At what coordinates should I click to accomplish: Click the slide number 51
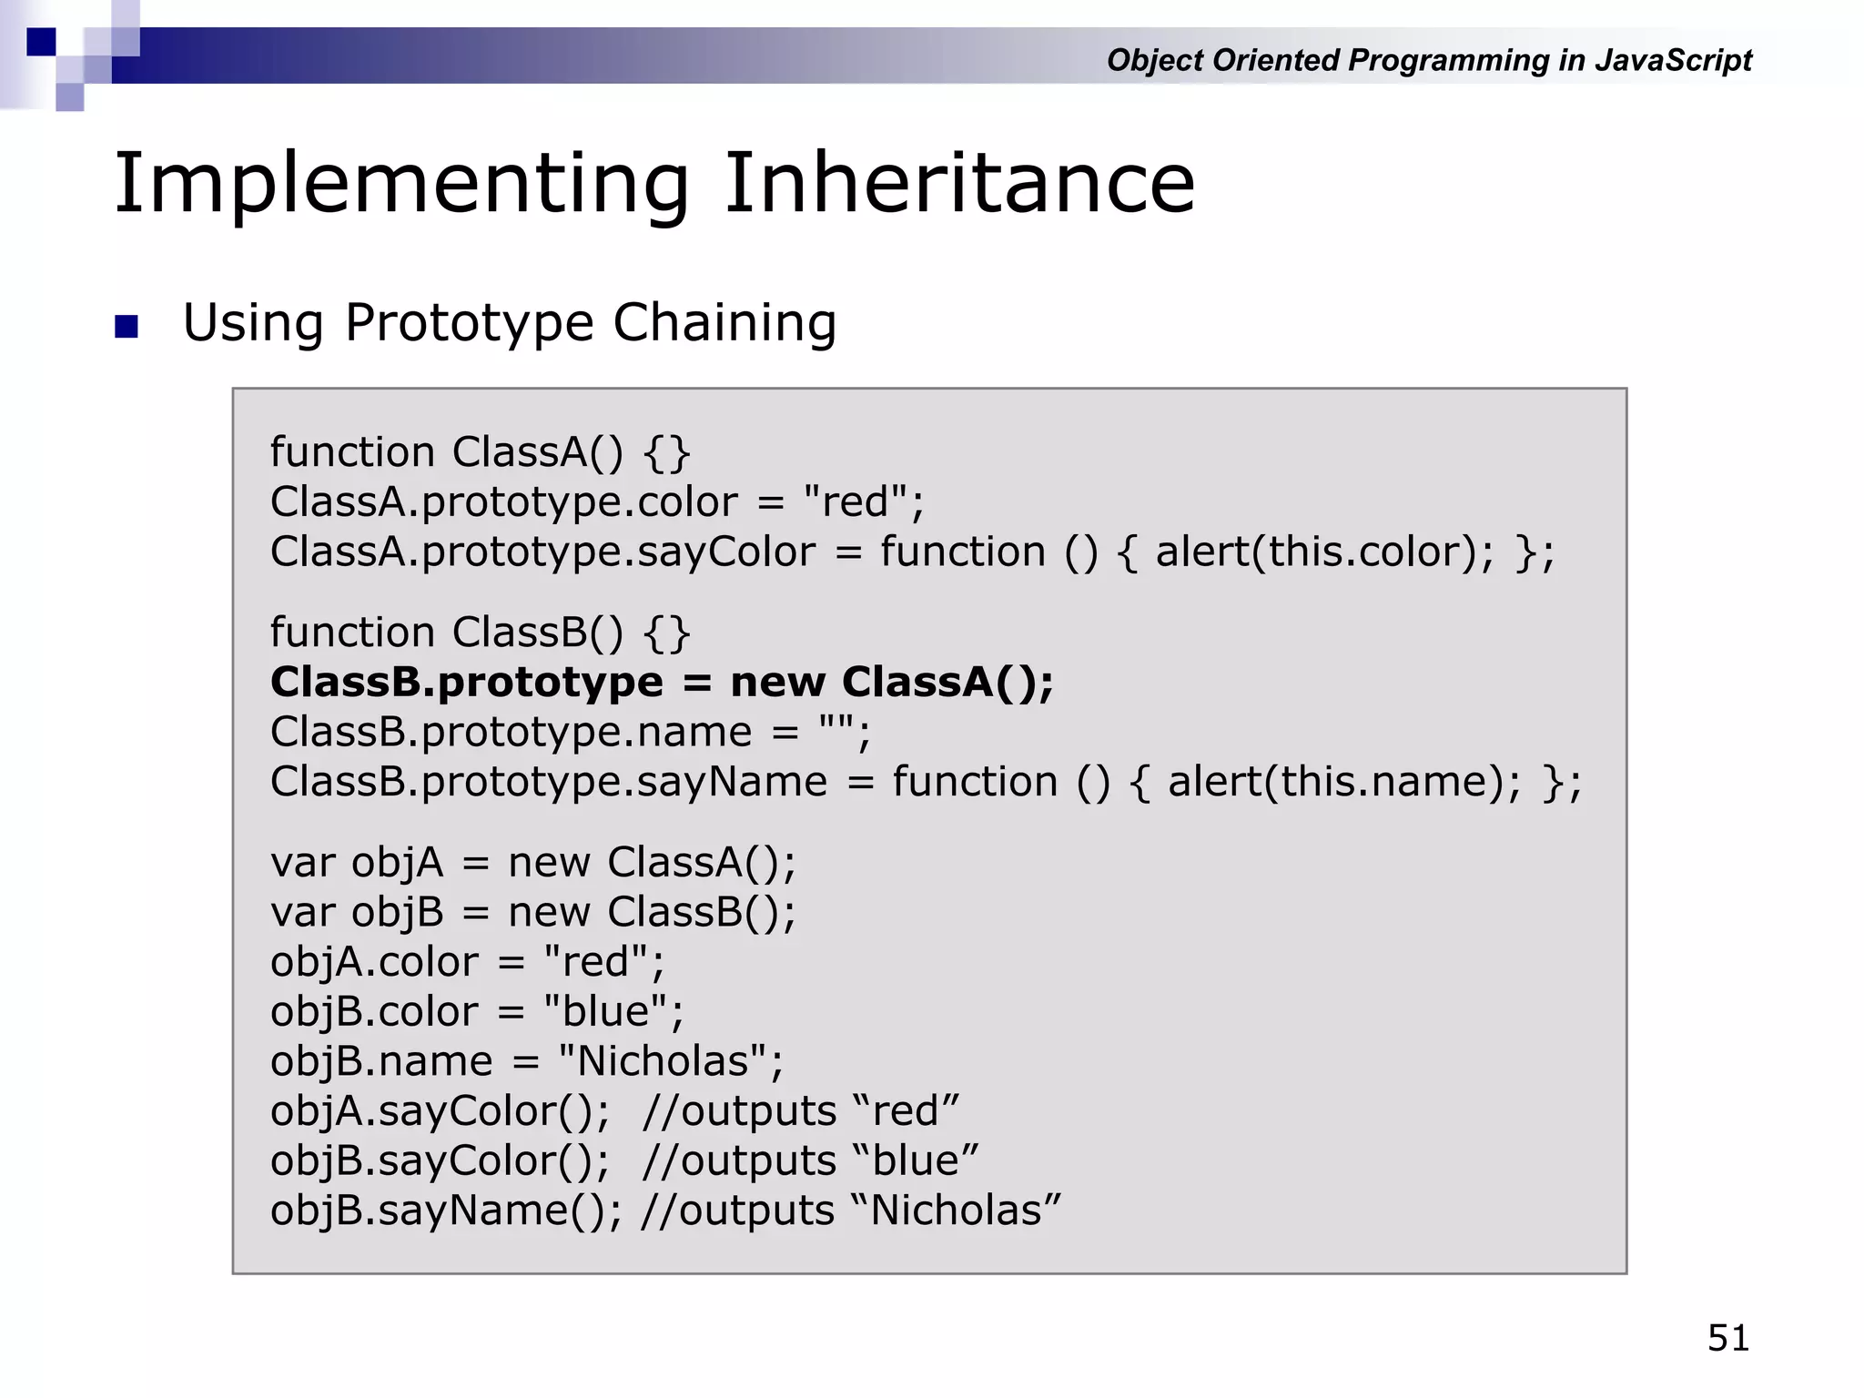[x=1727, y=1338]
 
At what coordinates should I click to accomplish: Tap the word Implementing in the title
[x=401, y=185]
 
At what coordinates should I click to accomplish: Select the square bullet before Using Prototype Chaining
[x=127, y=326]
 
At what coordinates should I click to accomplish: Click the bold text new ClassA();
[x=891, y=682]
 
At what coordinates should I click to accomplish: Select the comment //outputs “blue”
[x=810, y=1161]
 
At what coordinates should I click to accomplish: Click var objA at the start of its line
[x=356, y=863]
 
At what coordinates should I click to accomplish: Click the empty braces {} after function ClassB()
[x=666, y=633]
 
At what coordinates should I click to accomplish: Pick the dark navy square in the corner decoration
[x=41, y=42]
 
